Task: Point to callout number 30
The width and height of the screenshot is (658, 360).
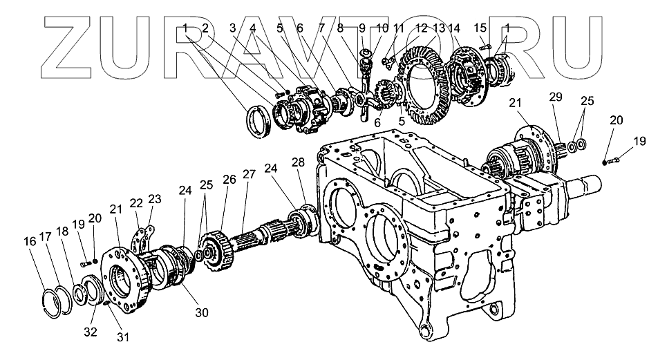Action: [x=201, y=312]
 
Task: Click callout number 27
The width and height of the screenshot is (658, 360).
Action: [x=249, y=174]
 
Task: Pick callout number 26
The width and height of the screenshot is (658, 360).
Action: [x=229, y=179]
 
